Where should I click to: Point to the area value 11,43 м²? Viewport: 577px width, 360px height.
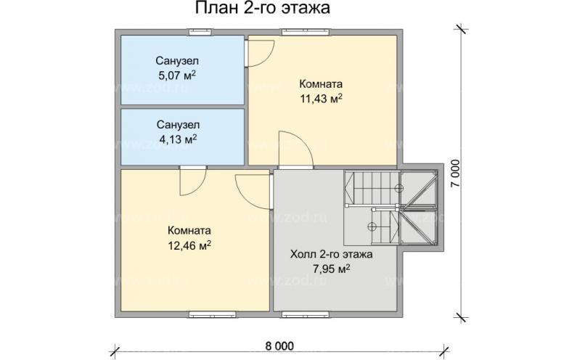321,98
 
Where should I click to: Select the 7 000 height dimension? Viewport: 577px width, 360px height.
454,173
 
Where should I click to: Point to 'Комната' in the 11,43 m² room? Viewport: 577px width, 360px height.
321,83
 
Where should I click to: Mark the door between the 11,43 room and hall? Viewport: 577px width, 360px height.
295,149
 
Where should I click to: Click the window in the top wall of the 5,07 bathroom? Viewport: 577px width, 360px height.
197,31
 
